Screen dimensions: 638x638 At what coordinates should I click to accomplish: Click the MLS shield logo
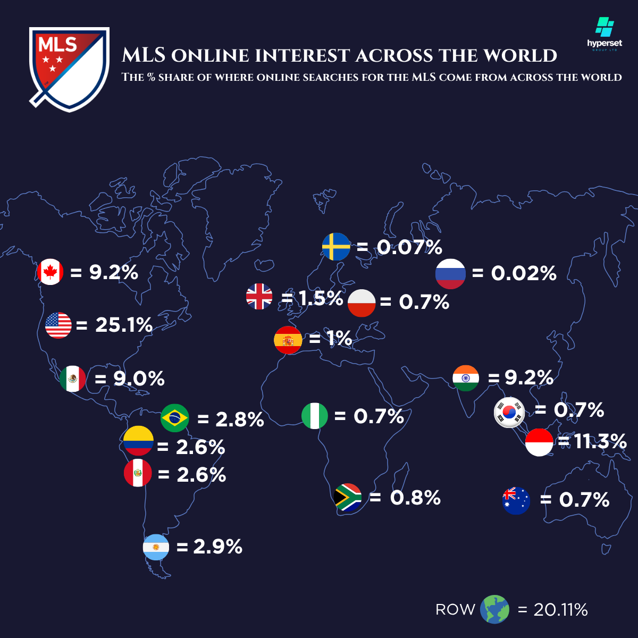pyautogui.click(x=69, y=69)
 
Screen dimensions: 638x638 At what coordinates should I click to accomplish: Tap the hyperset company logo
pyautogui.click(x=605, y=34)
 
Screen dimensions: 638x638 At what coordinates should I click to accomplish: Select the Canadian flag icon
pyautogui.click(x=51, y=272)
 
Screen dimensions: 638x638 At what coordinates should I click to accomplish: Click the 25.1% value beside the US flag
pyautogui.click(x=124, y=325)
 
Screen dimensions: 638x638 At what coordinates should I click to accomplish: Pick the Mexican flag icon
pyautogui.click(x=73, y=379)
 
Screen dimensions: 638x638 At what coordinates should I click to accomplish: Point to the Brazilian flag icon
pyautogui.click(x=175, y=418)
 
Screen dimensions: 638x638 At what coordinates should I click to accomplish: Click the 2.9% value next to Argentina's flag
pyautogui.click(x=217, y=547)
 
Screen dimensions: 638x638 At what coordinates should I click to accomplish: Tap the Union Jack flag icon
pyautogui.click(x=259, y=297)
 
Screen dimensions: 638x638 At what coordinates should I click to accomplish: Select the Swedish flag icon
pyautogui.click(x=336, y=247)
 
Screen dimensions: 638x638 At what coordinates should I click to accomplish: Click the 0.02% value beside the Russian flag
pyautogui.click(x=523, y=274)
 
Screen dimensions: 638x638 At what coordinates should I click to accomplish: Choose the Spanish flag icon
pyautogui.click(x=288, y=340)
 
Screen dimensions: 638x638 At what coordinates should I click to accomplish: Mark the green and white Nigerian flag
pyautogui.click(x=315, y=416)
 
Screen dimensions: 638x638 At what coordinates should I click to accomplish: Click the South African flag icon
pyautogui.click(x=348, y=498)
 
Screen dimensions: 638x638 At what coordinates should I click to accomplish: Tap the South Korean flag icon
pyautogui.click(x=509, y=412)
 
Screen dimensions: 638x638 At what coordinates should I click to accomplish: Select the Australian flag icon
pyautogui.click(x=516, y=500)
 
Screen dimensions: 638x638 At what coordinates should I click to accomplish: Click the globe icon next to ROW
pyautogui.click(x=494, y=609)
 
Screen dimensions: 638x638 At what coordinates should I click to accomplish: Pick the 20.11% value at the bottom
pyautogui.click(x=560, y=610)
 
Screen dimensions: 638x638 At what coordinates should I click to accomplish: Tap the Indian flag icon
pyautogui.click(x=466, y=378)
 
